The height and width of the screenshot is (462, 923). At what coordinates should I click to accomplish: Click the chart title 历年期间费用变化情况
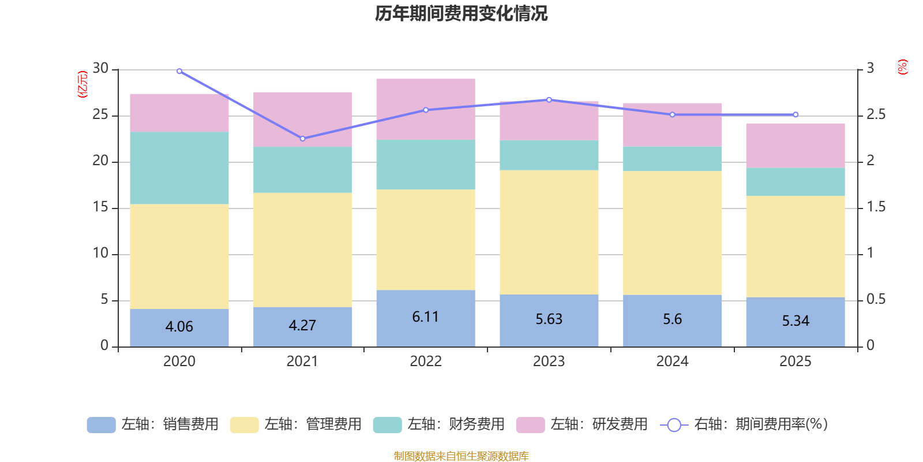(461, 13)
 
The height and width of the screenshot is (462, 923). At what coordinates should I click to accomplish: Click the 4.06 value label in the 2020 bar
(179, 326)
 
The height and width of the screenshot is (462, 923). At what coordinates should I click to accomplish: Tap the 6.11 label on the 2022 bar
(426, 316)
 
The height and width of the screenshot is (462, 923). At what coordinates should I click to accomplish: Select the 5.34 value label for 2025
(796, 321)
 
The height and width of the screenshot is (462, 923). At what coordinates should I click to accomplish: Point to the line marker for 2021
(303, 139)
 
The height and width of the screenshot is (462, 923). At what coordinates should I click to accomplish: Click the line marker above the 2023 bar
(549, 99)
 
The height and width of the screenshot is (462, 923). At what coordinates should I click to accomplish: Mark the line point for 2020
(179, 71)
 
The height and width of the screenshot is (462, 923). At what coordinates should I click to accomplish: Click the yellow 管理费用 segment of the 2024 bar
(672, 233)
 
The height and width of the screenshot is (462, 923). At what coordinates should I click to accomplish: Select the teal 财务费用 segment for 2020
(179, 168)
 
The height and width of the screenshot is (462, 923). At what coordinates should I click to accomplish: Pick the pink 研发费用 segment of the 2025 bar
(796, 146)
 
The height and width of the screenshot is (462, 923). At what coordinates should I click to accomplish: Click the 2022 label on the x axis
(426, 362)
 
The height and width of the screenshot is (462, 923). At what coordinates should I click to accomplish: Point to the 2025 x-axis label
(796, 362)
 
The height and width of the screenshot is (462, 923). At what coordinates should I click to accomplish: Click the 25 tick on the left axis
(100, 115)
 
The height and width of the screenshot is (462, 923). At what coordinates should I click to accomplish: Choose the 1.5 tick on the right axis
(876, 207)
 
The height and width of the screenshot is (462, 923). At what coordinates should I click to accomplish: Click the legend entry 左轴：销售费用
(153, 424)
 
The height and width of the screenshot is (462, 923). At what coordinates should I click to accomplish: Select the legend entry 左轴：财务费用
(439, 424)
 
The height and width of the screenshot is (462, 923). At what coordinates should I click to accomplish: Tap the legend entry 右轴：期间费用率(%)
(744, 424)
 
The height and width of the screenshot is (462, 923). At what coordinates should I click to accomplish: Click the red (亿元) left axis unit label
(82, 84)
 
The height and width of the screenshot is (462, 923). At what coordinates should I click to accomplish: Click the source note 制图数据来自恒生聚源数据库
(461, 456)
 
